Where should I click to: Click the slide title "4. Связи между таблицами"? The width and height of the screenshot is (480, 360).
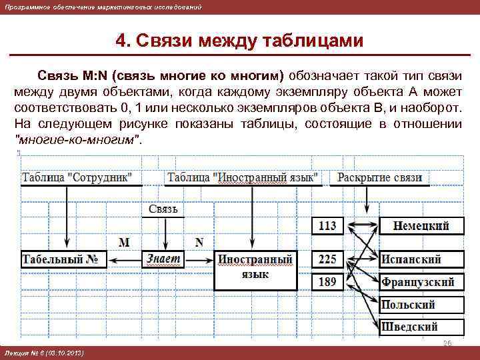(239, 41)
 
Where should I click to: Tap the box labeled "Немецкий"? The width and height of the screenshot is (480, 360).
(421, 226)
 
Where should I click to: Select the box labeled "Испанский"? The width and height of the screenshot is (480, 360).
(421, 259)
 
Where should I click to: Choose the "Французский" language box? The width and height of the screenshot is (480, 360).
(421, 282)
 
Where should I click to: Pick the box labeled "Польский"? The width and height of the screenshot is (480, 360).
(421, 305)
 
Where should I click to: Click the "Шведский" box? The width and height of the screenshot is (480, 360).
(421, 327)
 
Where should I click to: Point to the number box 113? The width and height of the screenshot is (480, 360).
(327, 226)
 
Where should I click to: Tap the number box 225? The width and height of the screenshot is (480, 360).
(327, 259)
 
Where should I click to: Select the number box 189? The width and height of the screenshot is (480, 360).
(327, 282)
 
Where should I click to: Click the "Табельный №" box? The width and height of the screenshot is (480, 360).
(64, 259)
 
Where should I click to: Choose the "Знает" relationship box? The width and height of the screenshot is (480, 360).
(163, 259)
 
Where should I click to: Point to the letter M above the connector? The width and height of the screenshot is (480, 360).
(123, 241)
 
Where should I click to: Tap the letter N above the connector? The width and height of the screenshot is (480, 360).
(199, 241)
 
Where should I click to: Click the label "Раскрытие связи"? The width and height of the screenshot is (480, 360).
(380, 177)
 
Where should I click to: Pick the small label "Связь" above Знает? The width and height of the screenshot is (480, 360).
(163, 209)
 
